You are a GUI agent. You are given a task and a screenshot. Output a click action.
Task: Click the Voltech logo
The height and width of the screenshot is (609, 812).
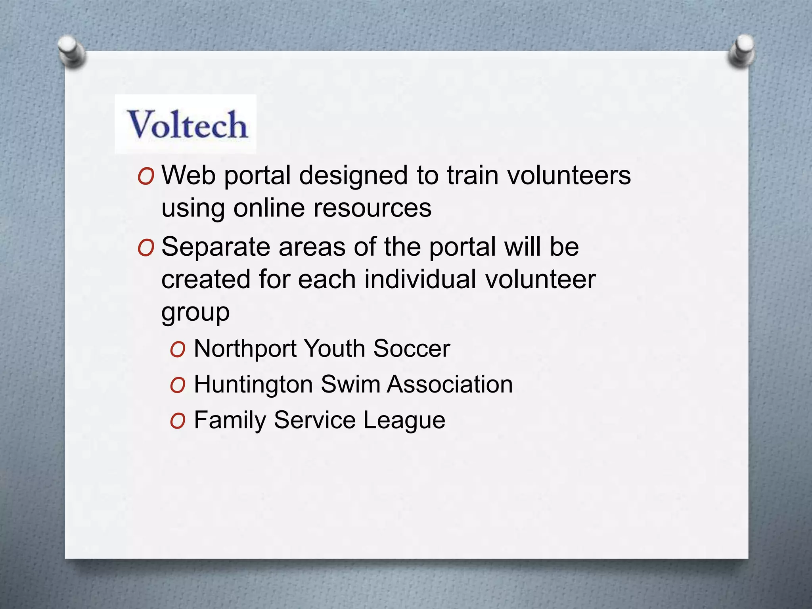186,124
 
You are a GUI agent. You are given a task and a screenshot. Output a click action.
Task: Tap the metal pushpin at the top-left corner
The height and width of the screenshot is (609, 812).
71,51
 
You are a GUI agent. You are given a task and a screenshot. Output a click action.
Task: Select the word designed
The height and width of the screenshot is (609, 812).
353,176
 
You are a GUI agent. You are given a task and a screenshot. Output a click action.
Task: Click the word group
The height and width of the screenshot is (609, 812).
195,312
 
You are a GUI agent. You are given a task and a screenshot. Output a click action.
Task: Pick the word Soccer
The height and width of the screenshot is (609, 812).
412,349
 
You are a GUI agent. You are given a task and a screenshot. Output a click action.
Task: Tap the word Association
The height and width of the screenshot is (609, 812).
450,384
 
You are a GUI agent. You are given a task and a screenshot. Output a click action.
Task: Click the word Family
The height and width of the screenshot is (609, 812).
230,420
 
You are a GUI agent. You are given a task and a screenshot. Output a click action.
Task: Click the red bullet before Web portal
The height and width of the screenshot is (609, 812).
146,177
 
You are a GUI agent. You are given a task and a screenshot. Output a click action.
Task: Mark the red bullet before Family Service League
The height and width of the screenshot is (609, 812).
178,421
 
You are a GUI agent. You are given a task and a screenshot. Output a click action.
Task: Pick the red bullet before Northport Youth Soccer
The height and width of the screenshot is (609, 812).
178,350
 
